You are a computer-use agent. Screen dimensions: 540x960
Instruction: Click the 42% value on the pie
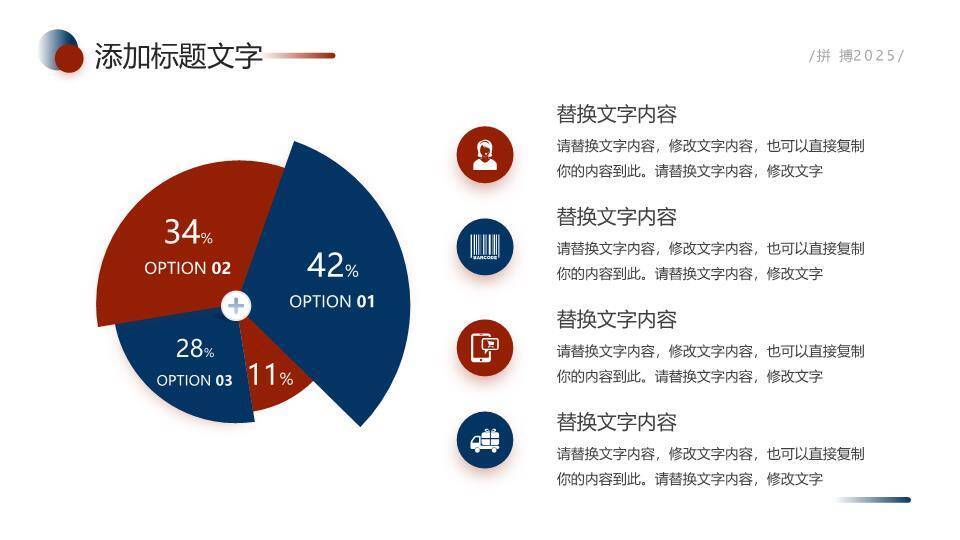tap(332, 267)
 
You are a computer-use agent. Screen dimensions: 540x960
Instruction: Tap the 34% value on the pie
tap(188, 233)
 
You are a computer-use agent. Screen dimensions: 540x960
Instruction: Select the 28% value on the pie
tap(195, 349)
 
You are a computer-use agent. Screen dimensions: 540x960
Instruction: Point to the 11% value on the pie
tap(270, 376)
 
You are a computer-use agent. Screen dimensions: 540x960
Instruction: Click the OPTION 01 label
tap(332, 301)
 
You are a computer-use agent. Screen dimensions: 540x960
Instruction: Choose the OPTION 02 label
tap(188, 268)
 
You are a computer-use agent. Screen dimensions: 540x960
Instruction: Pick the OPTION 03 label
tap(194, 380)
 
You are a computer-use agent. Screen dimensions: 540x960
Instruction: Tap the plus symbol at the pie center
tap(236, 305)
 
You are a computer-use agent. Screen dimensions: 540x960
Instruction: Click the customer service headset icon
tap(485, 155)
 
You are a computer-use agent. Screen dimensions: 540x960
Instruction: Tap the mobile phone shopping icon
tap(485, 348)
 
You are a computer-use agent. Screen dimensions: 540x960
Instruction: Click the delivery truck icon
tap(485, 441)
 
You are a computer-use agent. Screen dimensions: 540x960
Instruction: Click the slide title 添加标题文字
tap(178, 56)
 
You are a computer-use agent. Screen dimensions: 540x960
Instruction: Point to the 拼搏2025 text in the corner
tap(856, 56)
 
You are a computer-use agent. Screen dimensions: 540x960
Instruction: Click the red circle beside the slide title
tap(68, 59)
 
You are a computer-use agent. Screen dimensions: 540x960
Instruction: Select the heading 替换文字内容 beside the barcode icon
tap(616, 217)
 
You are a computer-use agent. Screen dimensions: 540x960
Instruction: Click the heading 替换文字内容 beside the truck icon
tap(616, 422)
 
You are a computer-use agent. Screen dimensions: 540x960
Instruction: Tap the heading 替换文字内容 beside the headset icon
tap(616, 114)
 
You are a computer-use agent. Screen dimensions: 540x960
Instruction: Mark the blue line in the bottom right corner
tap(872, 500)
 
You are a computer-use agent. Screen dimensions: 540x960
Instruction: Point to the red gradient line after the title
tap(300, 56)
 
